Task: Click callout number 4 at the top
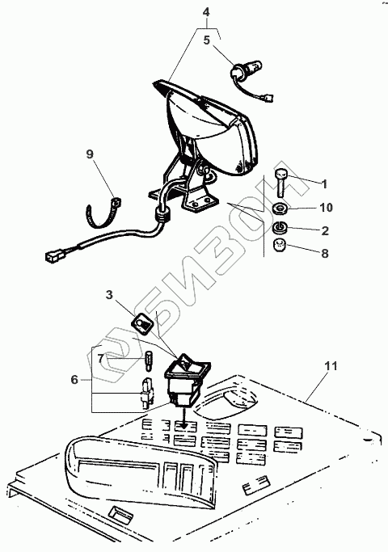pos(206,12)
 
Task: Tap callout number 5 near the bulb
pos(207,40)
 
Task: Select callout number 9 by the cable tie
pos(91,154)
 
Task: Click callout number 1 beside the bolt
pos(324,183)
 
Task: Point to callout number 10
pos(326,208)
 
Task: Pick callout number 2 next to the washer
pos(325,230)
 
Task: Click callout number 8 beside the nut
pos(325,254)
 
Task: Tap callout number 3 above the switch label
pos(109,295)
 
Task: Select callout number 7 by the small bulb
pos(101,359)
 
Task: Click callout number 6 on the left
pos(74,380)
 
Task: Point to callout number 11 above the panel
pos(331,366)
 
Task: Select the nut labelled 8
pos(280,245)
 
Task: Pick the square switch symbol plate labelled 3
pos(143,322)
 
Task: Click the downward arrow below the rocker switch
pos(183,418)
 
